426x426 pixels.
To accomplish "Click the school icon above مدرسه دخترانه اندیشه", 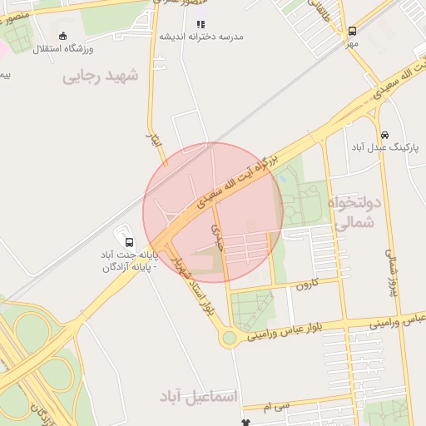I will [x=201, y=24].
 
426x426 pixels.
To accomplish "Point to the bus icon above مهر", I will [x=352, y=31].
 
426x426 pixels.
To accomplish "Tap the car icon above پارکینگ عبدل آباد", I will [x=384, y=135].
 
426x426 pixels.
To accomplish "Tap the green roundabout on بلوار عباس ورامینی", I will [x=229, y=338].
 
